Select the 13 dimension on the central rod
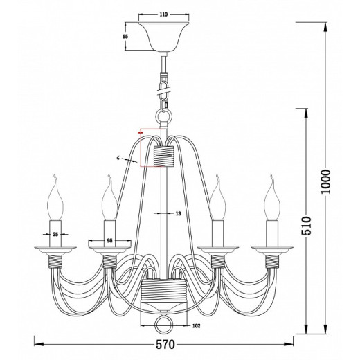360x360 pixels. point(177,214)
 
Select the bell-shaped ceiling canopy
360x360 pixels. point(163,37)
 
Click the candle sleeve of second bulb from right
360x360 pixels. point(218,232)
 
